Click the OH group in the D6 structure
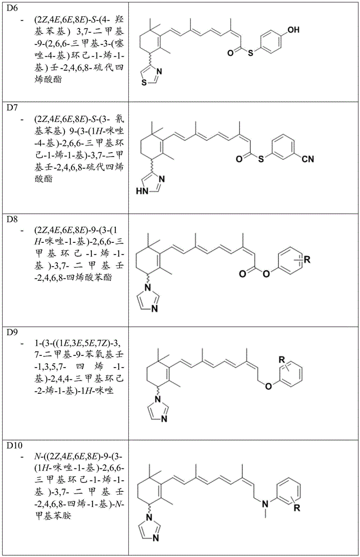[x=293, y=30]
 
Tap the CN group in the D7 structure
[x=308, y=159]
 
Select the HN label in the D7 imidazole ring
[x=142, y=192]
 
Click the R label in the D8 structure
[x=307, y=260]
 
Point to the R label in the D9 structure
[x=282, y=359]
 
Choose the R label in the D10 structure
[x=296, y=508]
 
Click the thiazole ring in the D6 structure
[x=150, y=75]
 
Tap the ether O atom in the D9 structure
[x=268, y=386]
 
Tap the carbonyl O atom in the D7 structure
[x=240, y=158]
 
